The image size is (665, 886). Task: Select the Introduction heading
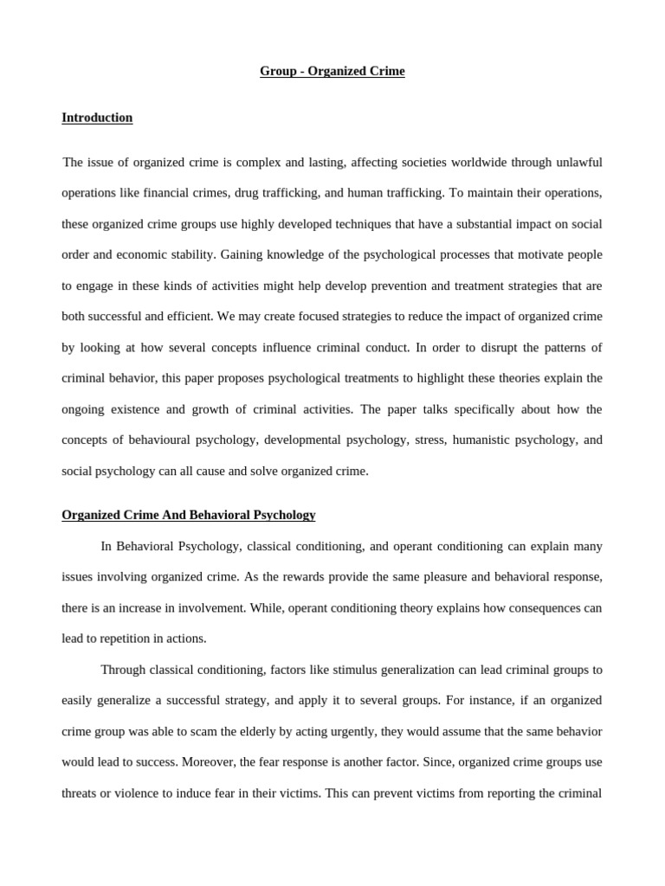pyautogui.click(x=97, y=118)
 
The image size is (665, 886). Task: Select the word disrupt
pyautogui.click(x=500, y=347)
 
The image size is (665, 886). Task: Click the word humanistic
pyautogui.click(x=461, y=440)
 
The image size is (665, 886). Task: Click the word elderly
pyautogui.click(x=286, y=731)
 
